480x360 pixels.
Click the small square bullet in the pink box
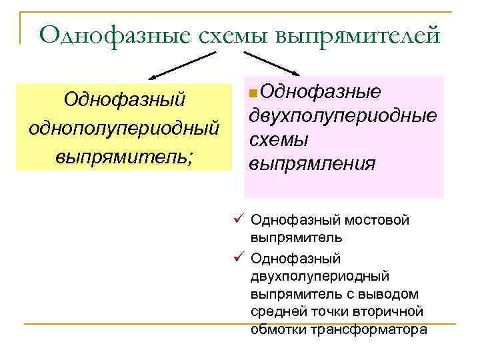click(251, 93)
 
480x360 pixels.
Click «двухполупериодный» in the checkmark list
click(320, 275)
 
